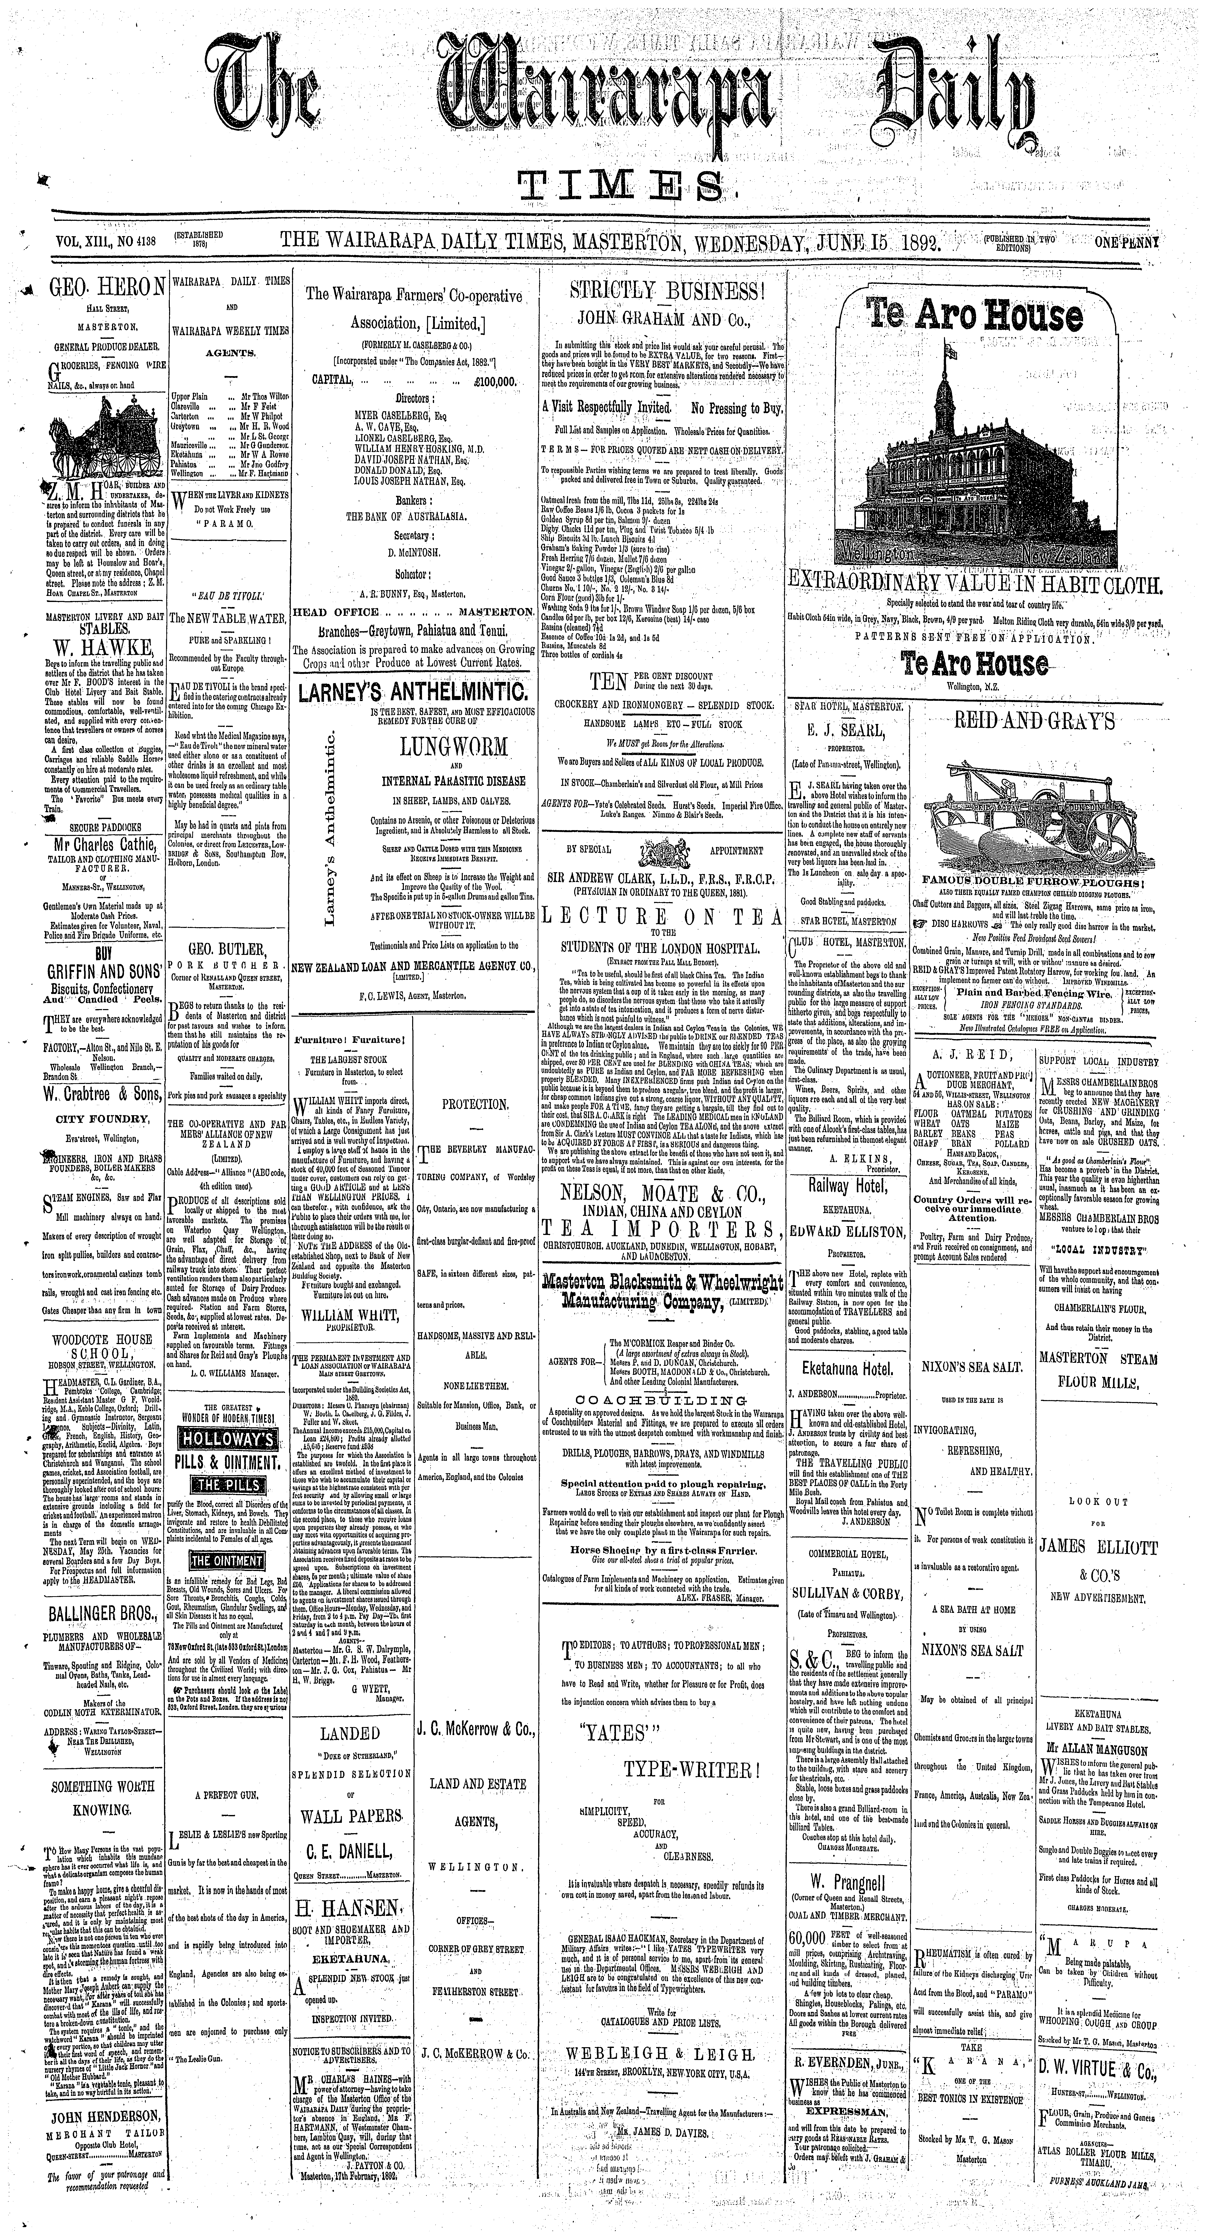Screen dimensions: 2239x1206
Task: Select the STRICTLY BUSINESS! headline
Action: [x=665, y=290]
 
